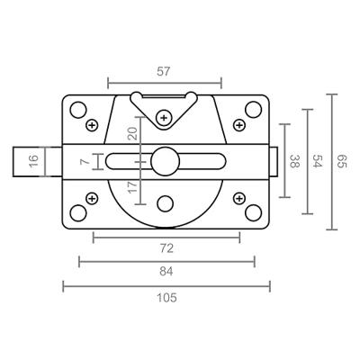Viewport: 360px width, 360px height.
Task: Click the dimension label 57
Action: coord(164,72)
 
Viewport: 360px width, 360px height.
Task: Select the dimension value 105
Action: coord(166,298)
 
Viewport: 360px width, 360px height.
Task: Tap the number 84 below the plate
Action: coord(166,272)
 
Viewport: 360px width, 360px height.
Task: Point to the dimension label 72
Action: coord(166,248)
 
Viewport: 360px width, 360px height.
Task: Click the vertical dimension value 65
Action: coord(342,161)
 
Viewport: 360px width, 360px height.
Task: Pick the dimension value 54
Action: coord(318,161)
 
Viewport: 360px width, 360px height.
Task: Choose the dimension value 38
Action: coord(295,161)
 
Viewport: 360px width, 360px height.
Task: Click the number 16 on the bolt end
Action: coord(34,161)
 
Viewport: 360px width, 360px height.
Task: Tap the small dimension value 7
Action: coord(85,161)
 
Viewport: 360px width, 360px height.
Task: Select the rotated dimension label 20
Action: coord(132,133)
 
